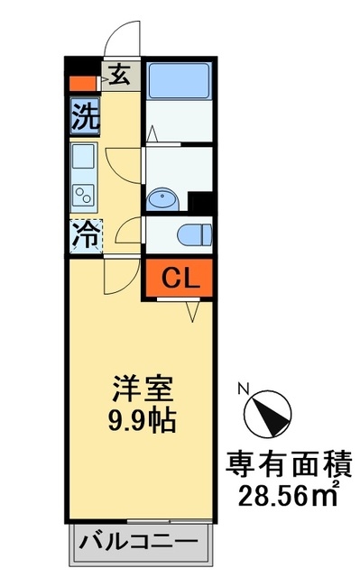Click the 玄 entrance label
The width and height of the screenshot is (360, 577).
(121, 75)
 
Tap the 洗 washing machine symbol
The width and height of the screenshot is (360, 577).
(86, 116)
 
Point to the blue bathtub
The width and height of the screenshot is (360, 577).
(180, 81)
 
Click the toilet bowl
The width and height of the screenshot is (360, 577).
(195, 234)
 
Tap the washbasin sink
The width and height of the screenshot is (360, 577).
(162, 200)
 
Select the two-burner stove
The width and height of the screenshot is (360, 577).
(84, 195)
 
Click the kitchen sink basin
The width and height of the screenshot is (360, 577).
(83, 156)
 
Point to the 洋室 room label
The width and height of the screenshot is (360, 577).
(143, 389)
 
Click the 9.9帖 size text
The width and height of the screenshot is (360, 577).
(142, 420)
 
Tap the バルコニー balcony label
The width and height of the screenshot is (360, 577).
(140, 542)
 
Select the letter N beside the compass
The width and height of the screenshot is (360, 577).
(243, 389)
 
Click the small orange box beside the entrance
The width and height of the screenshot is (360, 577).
(83, 83)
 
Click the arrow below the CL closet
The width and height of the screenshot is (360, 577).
(192, 311)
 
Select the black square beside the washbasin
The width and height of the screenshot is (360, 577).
(199, 202)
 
